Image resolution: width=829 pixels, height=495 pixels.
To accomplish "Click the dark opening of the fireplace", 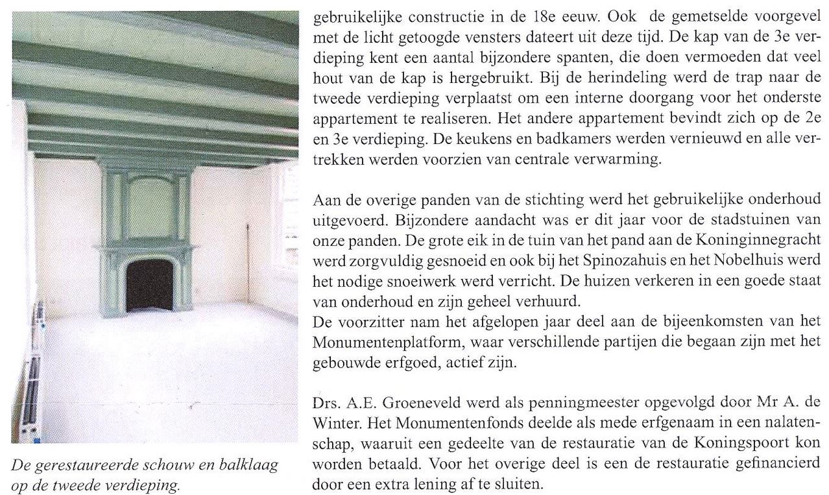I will tap(149, 285).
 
